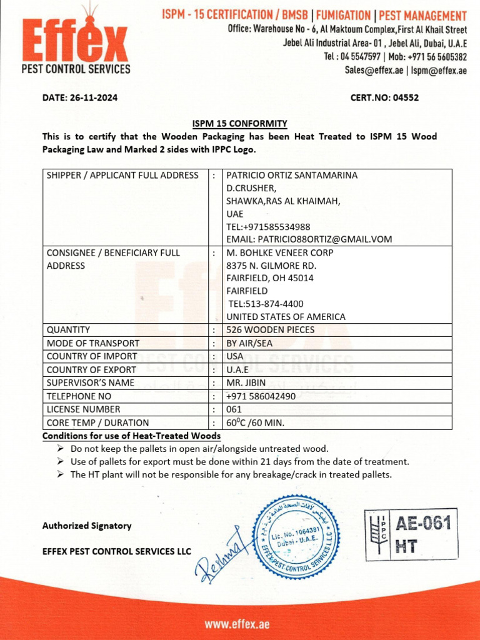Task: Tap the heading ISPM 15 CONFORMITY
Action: [239, 123]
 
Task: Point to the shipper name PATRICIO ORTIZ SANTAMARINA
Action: [292, 176]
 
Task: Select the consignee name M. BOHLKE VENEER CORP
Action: [280, 252]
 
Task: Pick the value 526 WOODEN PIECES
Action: [270, 330]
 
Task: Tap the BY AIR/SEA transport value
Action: [249, 343]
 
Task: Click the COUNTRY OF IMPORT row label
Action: [92, 356]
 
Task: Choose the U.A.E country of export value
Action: [237, 369]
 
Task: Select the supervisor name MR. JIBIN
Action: [247, 382]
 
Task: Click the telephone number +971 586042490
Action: [261, 396]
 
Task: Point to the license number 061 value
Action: [234, 409]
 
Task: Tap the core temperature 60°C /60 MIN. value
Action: [255, 423]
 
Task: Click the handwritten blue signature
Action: [219, 556]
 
